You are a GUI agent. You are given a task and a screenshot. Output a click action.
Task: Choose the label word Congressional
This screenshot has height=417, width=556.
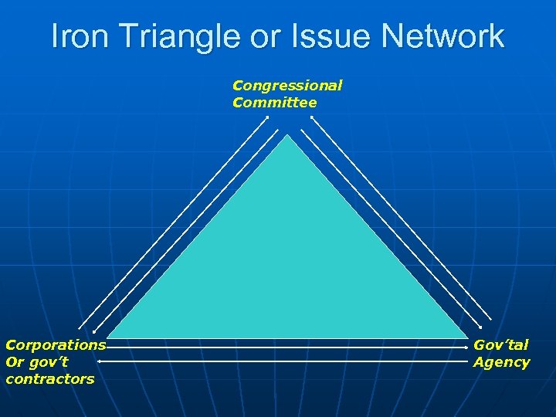[x=287, y=86]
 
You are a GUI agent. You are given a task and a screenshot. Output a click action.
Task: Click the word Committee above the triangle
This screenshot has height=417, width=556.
[x=274, y=103]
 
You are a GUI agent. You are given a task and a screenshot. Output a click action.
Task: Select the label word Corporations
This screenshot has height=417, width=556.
[x=56, y=345]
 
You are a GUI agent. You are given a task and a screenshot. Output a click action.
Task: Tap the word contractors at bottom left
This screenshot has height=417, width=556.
[x=49, y=379]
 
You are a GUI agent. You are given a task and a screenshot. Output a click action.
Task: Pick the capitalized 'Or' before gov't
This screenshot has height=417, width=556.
[x=14, y=362]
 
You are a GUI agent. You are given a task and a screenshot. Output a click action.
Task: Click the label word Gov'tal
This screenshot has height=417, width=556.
[x=501, y=345]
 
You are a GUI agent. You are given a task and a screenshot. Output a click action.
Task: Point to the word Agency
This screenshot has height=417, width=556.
[x=501, y=362]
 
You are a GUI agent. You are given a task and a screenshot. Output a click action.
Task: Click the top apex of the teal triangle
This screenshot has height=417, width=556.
[x=287, y=135]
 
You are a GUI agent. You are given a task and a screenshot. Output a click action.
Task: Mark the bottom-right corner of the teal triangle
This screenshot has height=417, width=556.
[x=468, y=338]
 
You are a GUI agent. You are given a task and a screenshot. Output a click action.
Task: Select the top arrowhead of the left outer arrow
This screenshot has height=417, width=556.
[x=267, y=117]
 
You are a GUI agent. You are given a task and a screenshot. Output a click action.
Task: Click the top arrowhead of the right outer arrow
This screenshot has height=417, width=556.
[x=312, y=117]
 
